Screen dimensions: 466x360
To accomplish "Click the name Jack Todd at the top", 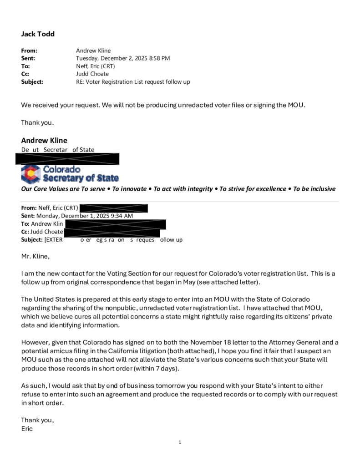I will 38,34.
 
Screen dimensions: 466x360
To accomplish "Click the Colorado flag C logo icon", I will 31,174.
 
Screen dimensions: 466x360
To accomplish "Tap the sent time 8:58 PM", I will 158,58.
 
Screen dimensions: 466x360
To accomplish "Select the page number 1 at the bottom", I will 180,442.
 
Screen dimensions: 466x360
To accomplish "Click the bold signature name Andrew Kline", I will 44,140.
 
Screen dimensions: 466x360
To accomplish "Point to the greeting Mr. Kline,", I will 35,256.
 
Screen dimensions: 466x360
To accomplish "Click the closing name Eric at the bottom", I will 27,429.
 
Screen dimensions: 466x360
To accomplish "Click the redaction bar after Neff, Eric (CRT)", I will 113,208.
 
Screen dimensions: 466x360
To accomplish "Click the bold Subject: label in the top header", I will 32,82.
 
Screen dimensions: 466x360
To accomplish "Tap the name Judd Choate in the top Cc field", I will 92,74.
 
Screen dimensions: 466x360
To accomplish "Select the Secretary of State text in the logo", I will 81,178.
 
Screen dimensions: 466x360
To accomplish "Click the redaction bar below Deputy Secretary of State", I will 67,159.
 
